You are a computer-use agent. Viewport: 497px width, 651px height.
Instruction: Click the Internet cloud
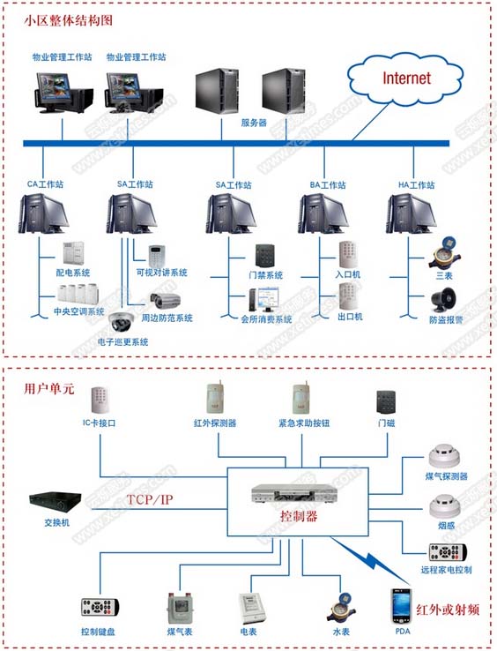404,79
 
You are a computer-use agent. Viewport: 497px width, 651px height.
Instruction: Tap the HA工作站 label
416,185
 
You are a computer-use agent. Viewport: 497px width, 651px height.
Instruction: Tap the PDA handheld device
400,608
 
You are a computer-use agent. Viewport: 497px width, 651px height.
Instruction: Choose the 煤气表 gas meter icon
180,608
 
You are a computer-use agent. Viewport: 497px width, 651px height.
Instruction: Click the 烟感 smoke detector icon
443,505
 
